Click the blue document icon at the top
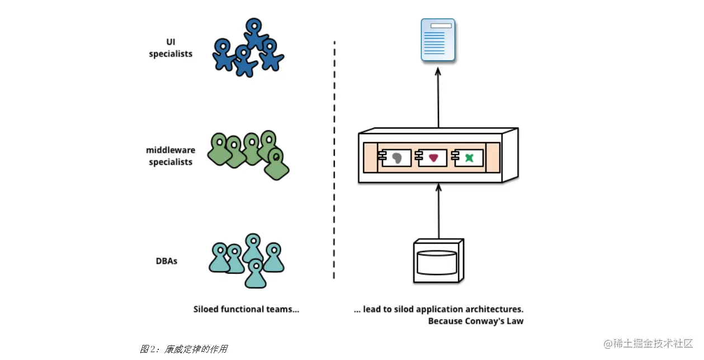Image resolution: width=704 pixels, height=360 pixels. [438, 40]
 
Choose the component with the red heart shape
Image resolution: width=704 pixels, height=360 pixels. [432, 158]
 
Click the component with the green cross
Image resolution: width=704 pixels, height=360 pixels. [469, 158]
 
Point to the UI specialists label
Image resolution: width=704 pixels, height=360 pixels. [171, 49]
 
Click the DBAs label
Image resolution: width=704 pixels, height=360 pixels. [167, 260]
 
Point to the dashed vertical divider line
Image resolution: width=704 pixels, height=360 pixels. [334, 162]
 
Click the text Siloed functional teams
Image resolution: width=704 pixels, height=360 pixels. [246, 309]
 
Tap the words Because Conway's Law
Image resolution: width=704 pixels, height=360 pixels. [476, 321]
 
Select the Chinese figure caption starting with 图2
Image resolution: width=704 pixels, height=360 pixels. [183, 349]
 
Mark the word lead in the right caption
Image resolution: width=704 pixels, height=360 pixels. [372, 309]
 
